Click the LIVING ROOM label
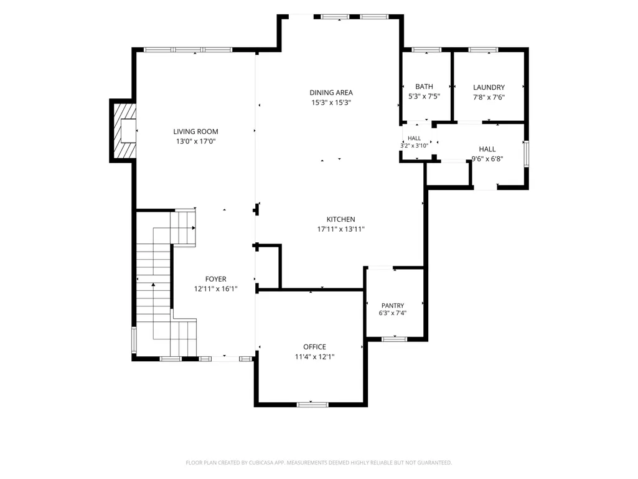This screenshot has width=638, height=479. coord(195,131)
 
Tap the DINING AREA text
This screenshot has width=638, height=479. coord(331,93)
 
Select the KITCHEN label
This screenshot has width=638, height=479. coord(341,219)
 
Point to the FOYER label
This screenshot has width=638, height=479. coord(215,280)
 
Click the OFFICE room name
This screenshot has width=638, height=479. coord(314,347)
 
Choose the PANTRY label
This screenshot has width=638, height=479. coord(393,305)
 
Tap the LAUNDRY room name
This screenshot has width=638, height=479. coord(489,88)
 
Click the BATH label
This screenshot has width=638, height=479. coord(424,87)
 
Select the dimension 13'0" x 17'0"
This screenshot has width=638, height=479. coord(195,142)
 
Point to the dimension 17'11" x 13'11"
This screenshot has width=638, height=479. coord(341,229)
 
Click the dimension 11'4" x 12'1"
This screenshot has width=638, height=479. coord(314,357)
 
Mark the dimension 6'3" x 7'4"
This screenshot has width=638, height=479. coord(393,313)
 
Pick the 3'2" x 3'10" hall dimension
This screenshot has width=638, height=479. coord(414,146)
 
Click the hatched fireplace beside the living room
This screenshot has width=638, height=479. coord(124,131)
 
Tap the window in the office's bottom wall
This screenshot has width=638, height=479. coord(312,404)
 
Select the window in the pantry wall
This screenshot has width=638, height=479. coord(394,339)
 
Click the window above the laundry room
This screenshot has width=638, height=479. coord(483,50)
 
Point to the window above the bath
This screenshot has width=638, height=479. coord(426,50)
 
